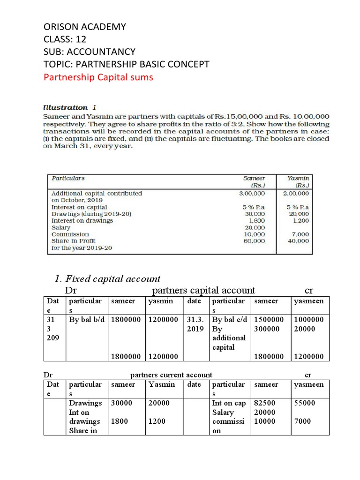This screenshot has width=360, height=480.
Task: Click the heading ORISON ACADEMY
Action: point(84,27)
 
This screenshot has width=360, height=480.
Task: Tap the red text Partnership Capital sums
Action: point(98,77)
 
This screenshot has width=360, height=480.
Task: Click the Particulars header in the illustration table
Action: point(68,178)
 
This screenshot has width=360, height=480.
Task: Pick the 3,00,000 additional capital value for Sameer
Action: point(252,193)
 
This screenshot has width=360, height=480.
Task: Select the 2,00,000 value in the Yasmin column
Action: point(296,193)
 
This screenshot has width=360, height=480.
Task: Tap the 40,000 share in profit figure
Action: point(299,240)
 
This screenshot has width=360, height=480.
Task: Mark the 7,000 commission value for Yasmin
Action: point(300,234)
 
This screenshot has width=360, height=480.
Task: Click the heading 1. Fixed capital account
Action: point(107,279)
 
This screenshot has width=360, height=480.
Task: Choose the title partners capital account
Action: point(204,291)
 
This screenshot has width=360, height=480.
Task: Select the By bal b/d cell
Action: point(87,319)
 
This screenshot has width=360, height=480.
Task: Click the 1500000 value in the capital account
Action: point(269,319)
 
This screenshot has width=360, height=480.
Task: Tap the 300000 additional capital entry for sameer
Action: point(266,329)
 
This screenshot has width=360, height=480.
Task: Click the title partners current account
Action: point(171,375)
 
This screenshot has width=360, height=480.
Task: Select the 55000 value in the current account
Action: point(304,403)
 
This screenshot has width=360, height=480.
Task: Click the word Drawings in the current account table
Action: point(85,403)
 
